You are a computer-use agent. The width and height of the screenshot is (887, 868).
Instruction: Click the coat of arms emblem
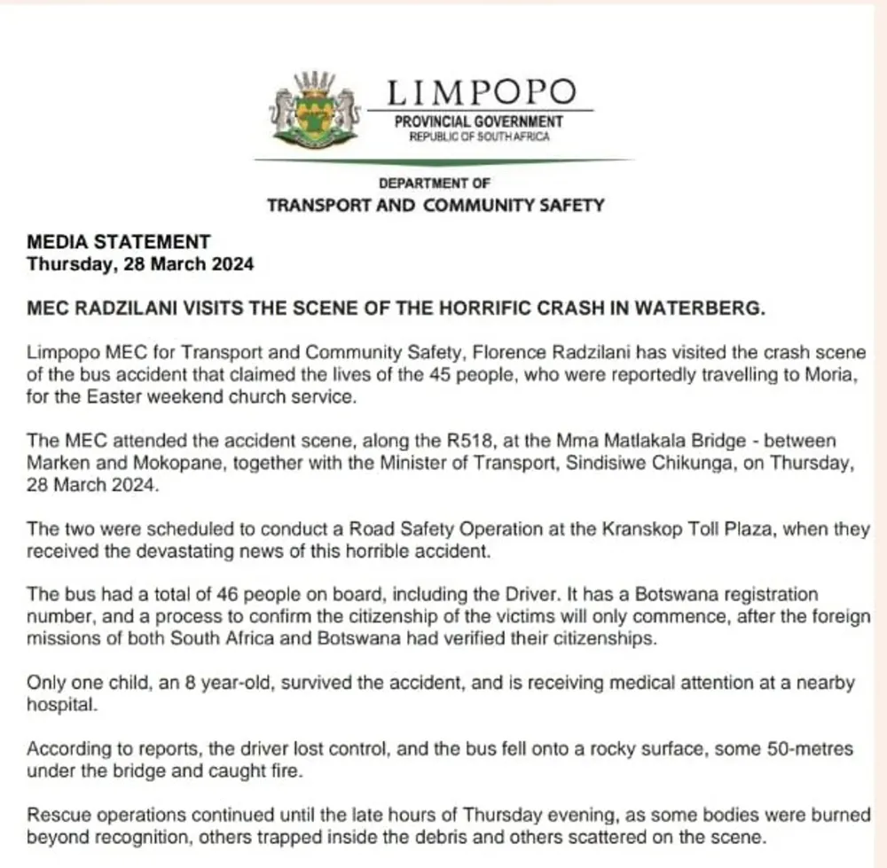click(x=315, y=110)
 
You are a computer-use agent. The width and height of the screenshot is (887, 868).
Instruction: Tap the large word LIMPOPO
click(x=481, y=92)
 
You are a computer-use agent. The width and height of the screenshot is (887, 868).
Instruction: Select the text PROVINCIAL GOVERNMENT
click(x=479, y=121)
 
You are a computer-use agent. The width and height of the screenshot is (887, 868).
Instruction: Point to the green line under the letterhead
click(x=443, y=160)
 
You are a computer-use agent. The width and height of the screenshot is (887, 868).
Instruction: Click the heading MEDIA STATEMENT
click(x=119, y=241)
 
